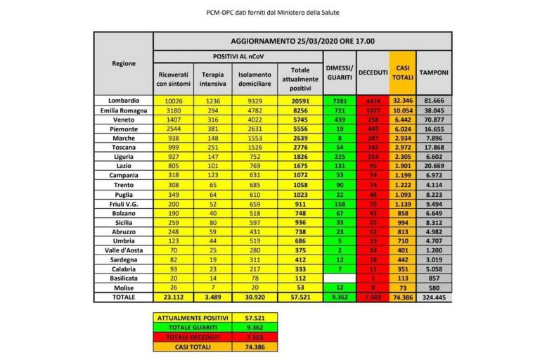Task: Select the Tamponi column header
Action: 435,72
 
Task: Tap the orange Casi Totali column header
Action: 403,72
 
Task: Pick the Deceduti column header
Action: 373,72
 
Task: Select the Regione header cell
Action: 124,64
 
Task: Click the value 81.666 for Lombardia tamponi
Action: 435,101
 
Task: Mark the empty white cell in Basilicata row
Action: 339,278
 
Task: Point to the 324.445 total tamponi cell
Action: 435,298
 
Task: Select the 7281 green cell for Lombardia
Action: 339,101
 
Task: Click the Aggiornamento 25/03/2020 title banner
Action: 302,41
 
